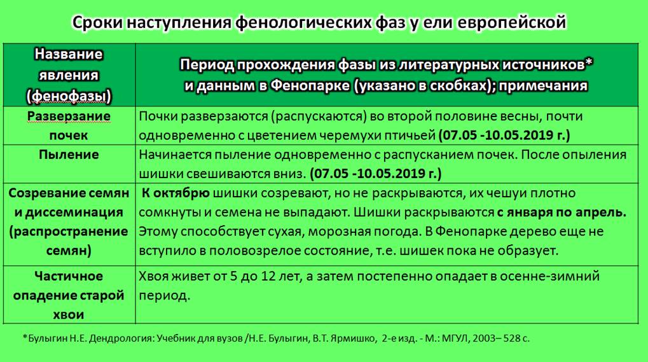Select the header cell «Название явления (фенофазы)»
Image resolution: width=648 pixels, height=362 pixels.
69,75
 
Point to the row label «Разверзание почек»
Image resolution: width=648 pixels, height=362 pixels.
69,125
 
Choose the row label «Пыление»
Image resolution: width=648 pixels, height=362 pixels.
69,155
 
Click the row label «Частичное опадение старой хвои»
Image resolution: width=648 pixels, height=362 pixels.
69,295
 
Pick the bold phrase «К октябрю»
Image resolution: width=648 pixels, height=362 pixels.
176,193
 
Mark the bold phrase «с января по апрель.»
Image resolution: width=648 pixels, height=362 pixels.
562,212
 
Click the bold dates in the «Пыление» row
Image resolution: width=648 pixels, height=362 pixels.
376,173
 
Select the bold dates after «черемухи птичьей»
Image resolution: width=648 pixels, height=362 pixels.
504,135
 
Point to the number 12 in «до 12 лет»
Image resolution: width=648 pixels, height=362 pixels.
268,276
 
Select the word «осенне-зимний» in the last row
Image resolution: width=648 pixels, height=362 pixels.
549,276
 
